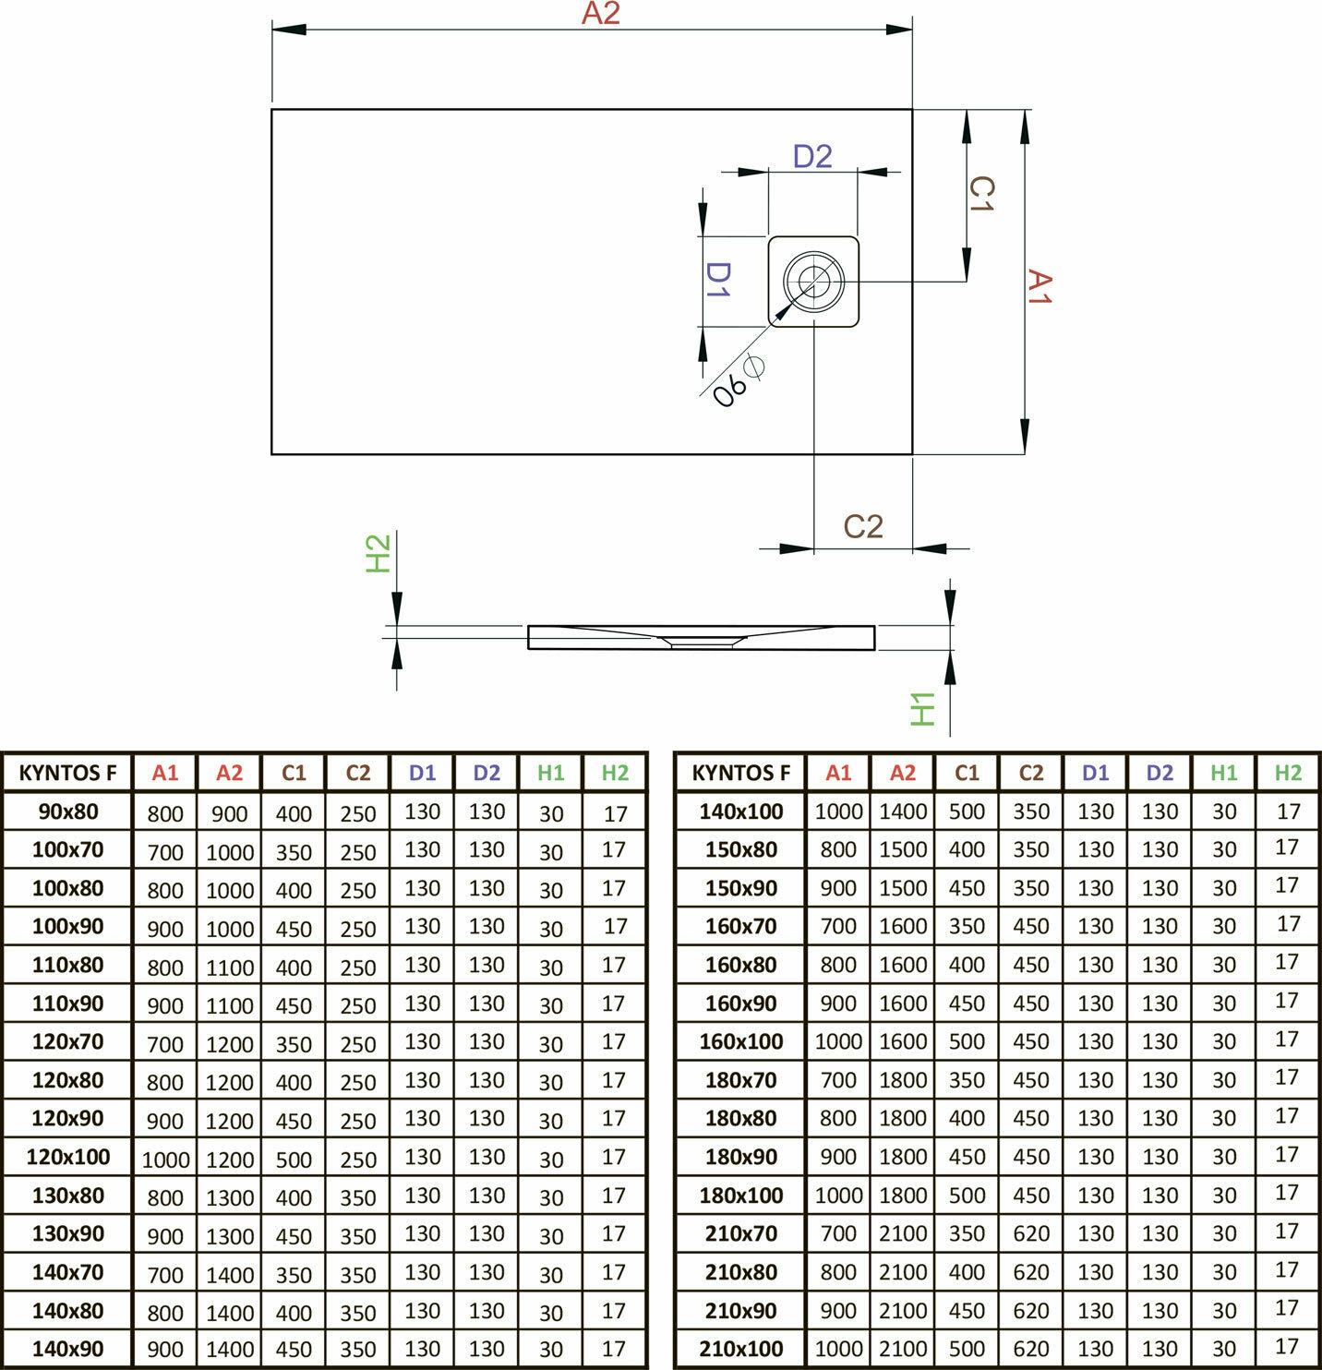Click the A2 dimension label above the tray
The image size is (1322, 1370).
click(600, 15)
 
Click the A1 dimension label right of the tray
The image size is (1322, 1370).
click(1040, 287)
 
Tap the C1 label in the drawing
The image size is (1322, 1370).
click(980, 195)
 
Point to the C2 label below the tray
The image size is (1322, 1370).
click(863, 527)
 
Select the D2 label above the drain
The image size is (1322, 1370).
click(812, 157)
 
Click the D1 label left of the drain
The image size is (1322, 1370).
click(718, 279)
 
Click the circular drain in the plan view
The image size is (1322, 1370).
click(813, 281)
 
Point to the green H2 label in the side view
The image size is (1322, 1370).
click(379, 553)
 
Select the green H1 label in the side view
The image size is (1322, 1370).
click(923, 709)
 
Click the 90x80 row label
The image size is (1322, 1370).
click(68, 812)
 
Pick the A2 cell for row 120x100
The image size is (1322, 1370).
click(230, 1160)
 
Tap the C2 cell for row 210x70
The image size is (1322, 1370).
click(1031, 1234)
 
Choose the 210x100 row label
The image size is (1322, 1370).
click(740, 1349)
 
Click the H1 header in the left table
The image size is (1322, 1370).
click(551, 774)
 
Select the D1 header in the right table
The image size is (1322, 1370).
click(1095, 774)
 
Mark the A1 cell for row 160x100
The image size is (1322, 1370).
click(838, 1042)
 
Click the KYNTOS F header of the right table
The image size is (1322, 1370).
click(740, 774)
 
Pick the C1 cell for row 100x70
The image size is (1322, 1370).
click(294, 852)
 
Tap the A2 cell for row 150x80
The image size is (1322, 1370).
click(903, 850)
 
